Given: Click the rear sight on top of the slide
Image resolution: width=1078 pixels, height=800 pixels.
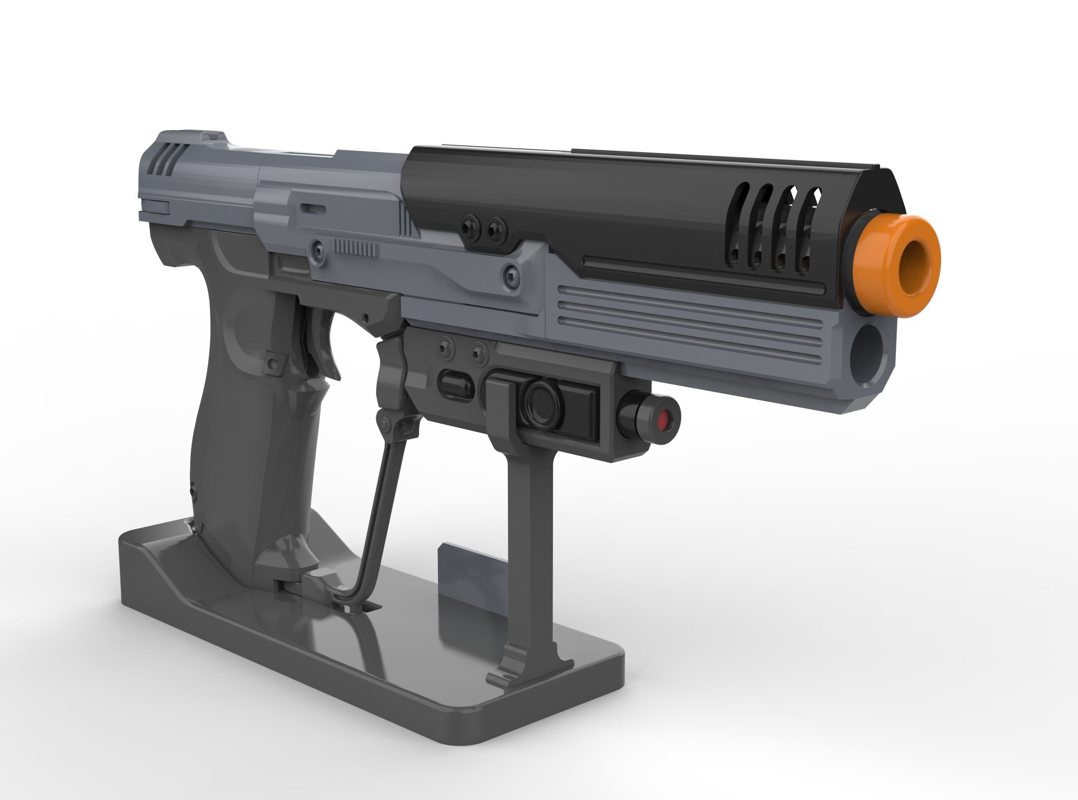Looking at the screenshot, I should tap(213, 138).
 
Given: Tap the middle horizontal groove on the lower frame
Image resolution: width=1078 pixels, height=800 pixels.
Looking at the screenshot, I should tap(688, 306).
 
